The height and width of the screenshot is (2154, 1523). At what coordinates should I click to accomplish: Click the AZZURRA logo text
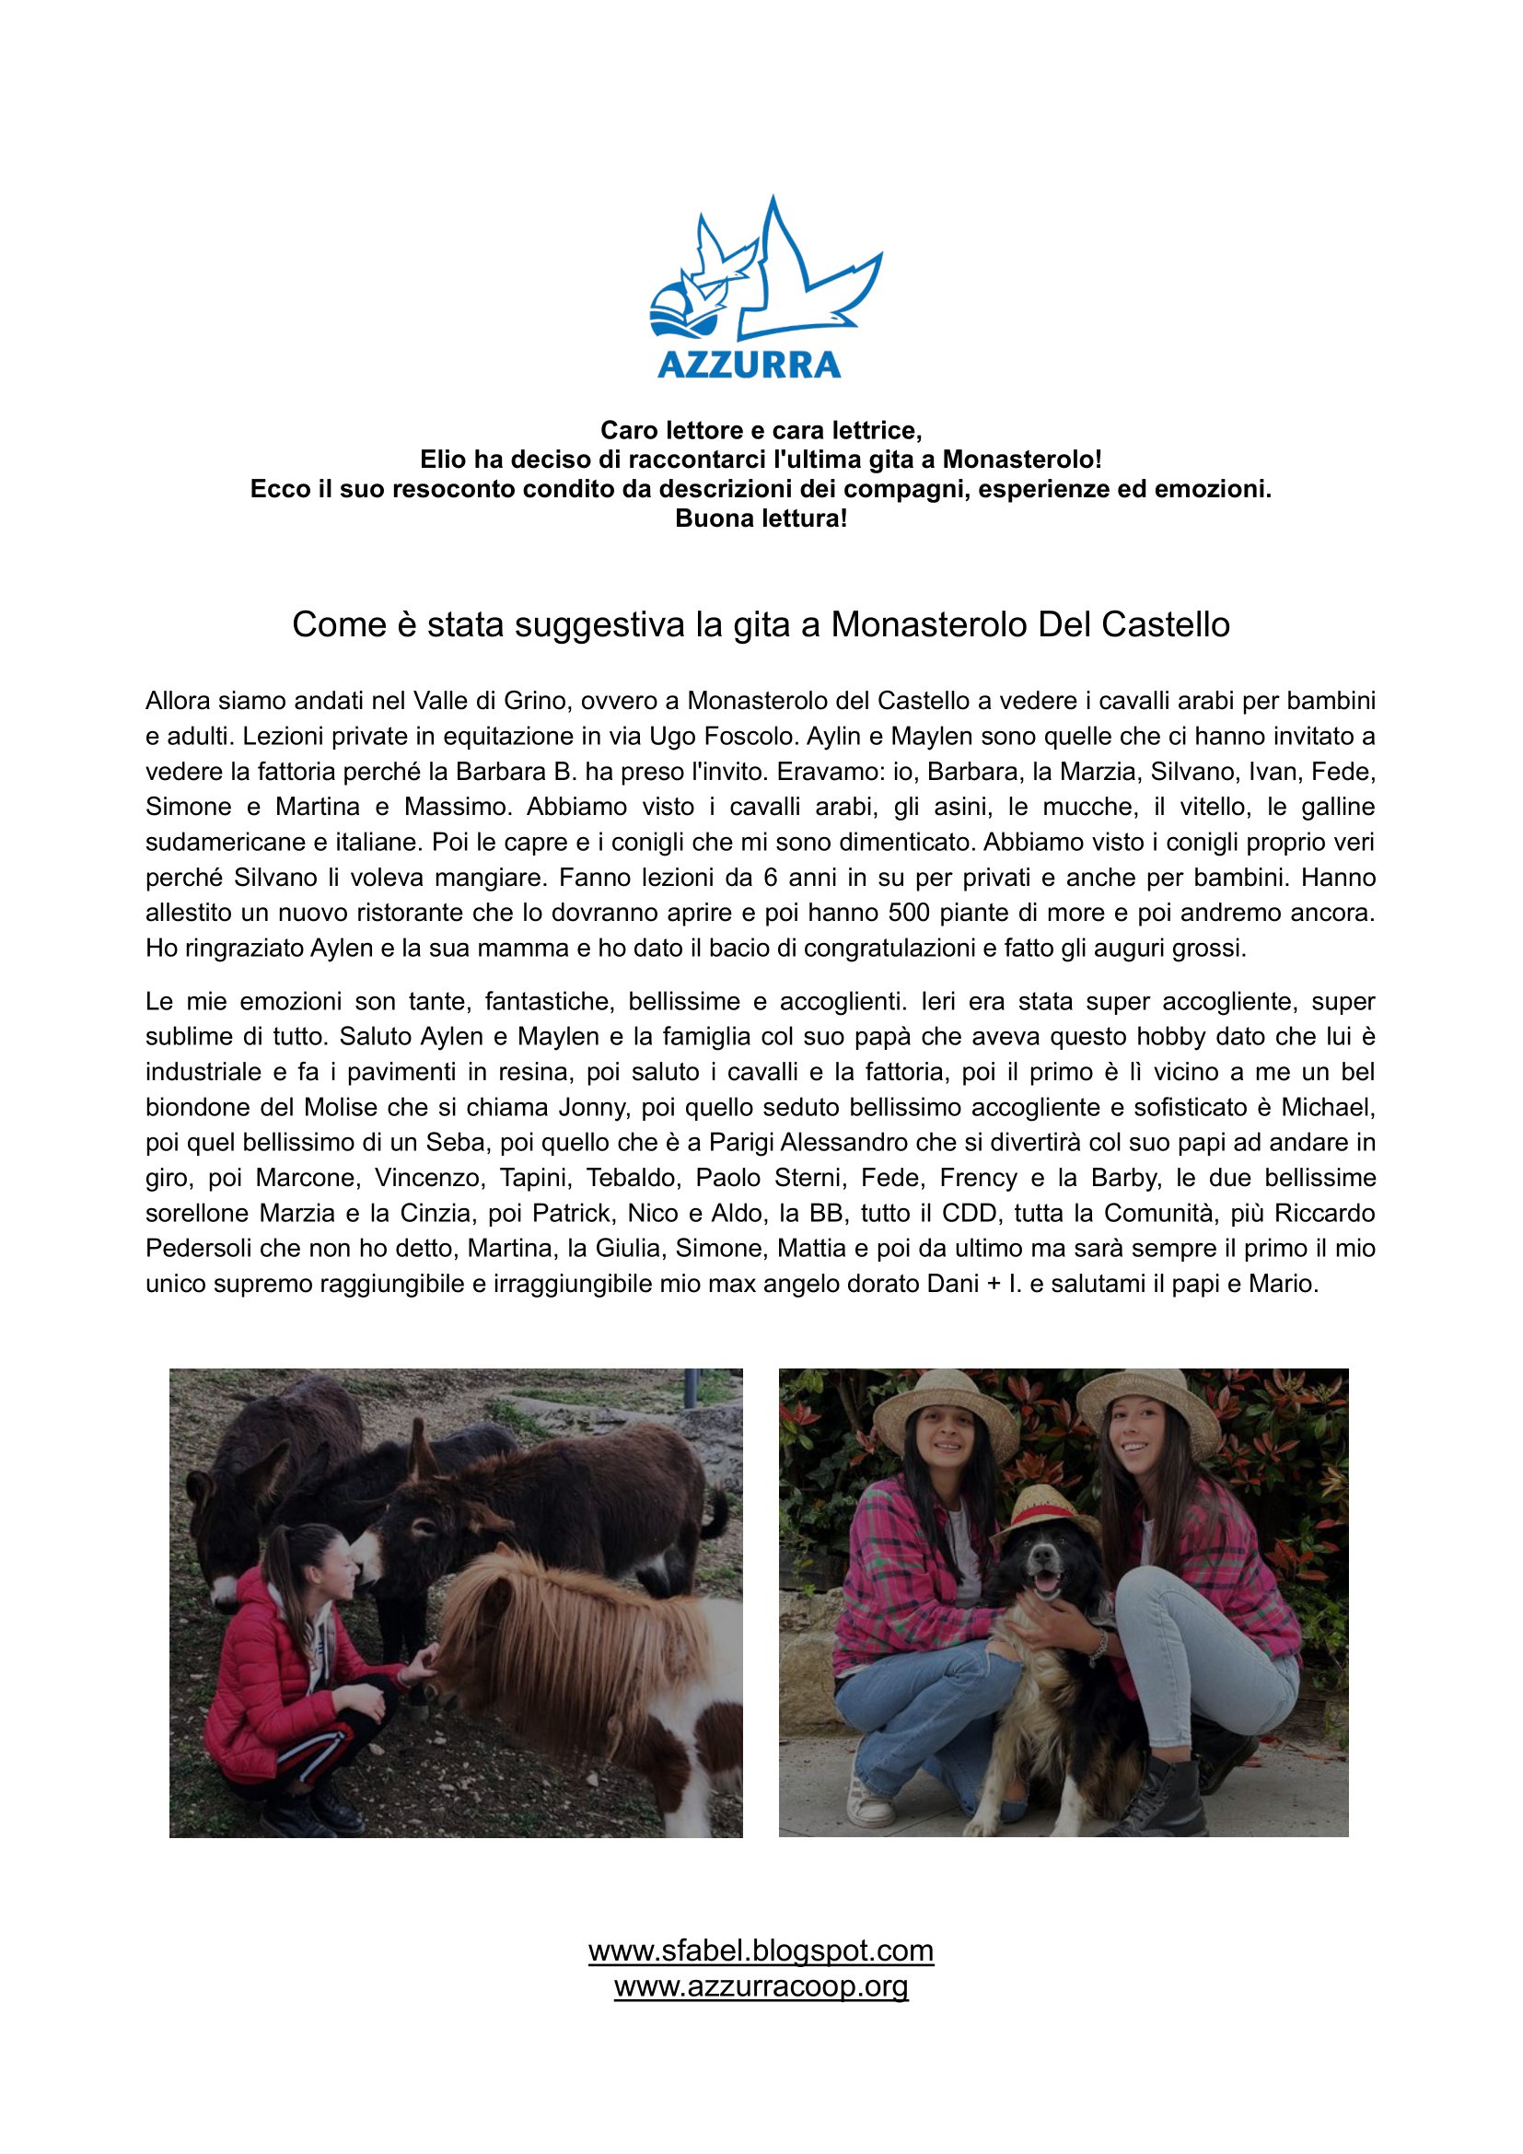pyautogui.click(x=749, y=364)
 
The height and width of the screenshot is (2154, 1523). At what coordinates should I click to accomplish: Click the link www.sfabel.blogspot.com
pyautogui.click(x=761, y=1950)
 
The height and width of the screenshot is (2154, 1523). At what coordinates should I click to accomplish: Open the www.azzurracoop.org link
pyautogui.click(x=761, y=1986)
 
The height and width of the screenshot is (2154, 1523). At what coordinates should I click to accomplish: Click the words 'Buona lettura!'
pyautogui.click(x=761, y=518)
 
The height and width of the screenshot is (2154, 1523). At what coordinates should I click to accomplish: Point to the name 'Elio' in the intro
pyautogui.click(x=441, y=460)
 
